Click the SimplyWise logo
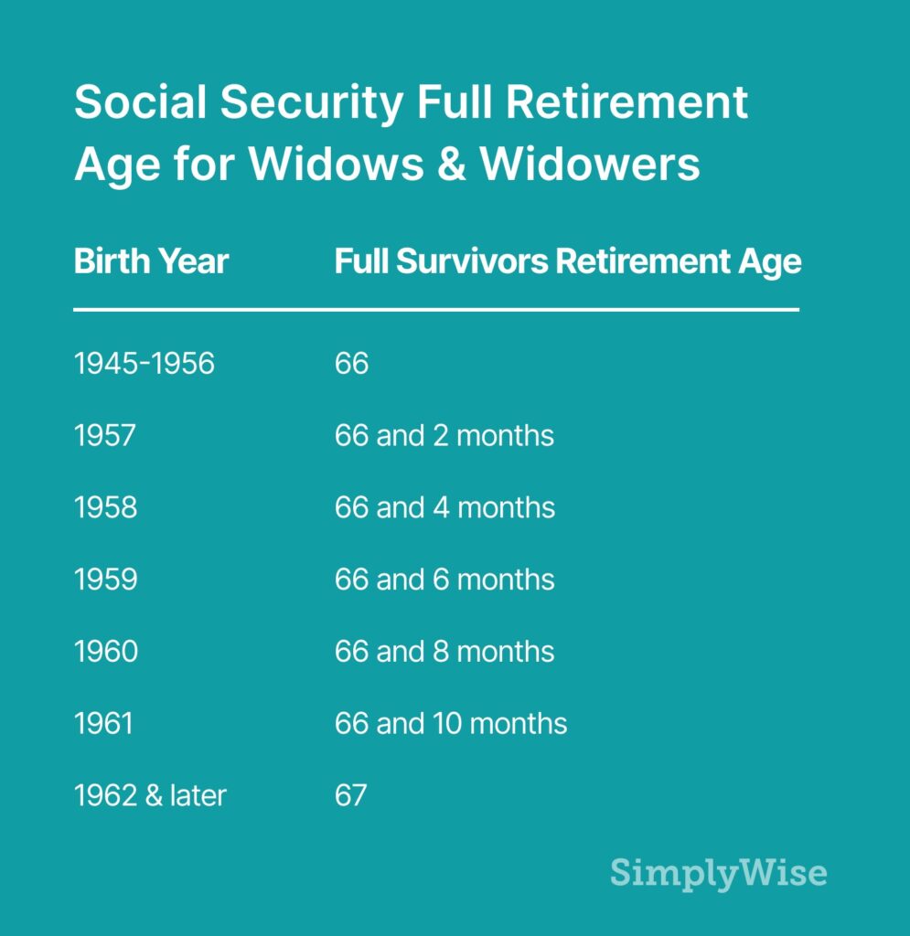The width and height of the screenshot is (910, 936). [x=718, y=872]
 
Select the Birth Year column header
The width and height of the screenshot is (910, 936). [x=151, y=262]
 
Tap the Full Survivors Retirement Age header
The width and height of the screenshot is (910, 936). [x=567, y=262]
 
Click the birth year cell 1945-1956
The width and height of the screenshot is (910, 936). [x=144, y=364]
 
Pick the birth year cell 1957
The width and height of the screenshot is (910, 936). [x=104, y=435]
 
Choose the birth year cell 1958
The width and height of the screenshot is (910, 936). [x=105, y=507]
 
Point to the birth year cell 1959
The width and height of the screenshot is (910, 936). [x=105, y=580]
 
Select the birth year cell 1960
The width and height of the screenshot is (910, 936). [x=106, y=652]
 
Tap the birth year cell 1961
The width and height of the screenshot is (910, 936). [x=103, y=724]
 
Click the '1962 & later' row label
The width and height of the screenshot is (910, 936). [x=149, y=795]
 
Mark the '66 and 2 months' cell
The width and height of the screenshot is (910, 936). [x=444, y=435]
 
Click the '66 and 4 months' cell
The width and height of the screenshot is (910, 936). [x=444, y=507]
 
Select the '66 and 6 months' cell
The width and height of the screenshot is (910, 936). [x=444, y=580]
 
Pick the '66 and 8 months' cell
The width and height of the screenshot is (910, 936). [x=444, y=652]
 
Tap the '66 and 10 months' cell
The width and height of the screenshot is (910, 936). [x=451, y=724]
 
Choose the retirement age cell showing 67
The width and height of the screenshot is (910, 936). [x=350, y=795]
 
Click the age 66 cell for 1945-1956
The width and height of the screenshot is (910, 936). [x=351, y=364]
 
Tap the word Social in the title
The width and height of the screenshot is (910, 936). [x=140, y=103]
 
